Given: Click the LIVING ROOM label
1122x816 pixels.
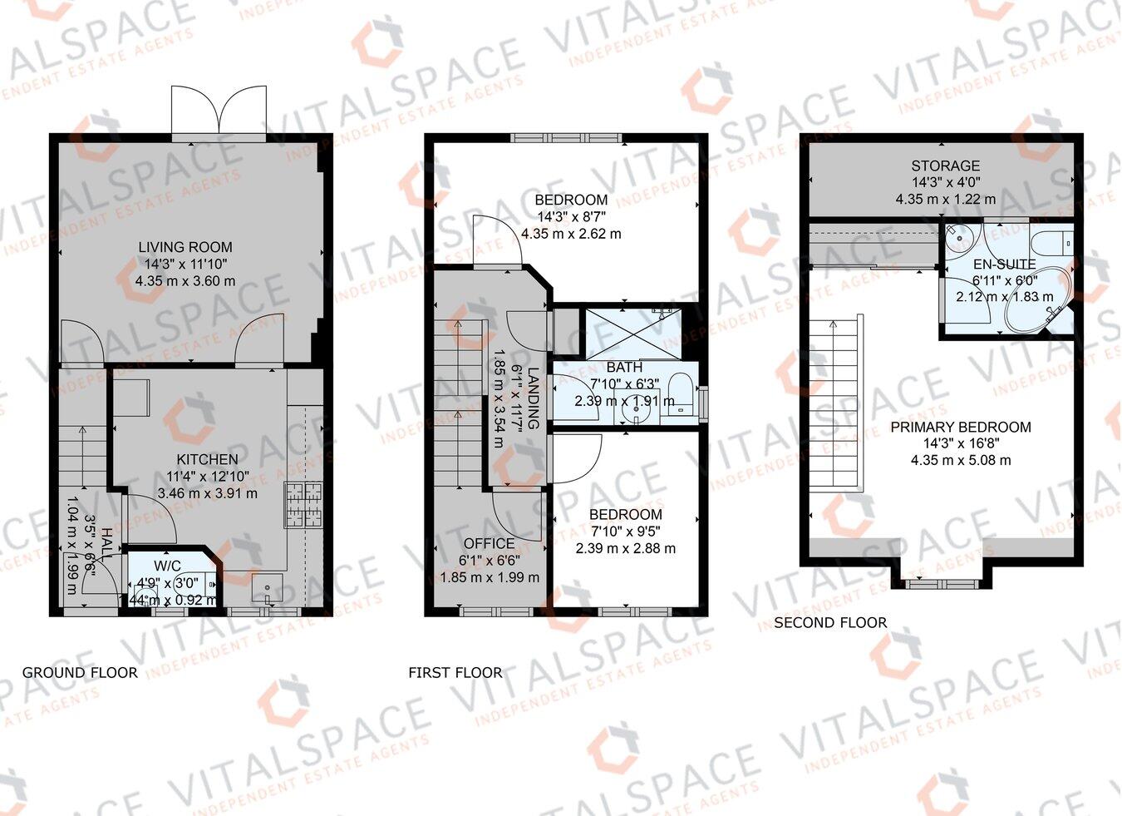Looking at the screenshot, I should (185, 247).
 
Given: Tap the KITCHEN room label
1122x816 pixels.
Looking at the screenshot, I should (207, 459).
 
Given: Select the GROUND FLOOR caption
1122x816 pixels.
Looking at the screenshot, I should (80, 672).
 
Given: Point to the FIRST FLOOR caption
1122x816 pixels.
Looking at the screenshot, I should (455, 672).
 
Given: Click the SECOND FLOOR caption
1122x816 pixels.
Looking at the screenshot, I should (830, 622).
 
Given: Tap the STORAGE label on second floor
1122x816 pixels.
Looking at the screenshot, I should (945, 166).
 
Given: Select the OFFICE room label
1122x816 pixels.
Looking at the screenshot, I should (489, 543).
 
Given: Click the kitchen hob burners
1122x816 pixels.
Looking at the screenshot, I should (303, 506).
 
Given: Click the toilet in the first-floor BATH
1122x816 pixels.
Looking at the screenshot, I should (681, 393).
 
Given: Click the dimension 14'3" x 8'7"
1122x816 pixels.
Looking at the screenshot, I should (571, 217).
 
